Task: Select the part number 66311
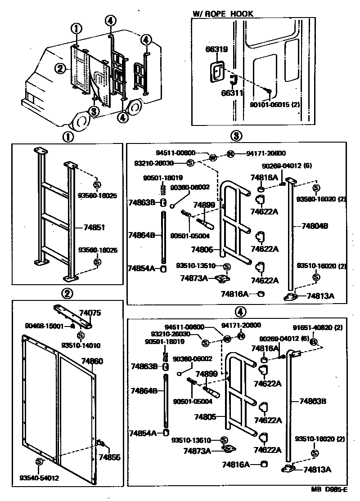point(232,94)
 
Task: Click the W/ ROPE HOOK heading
point(223,14)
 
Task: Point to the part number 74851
point(94,228)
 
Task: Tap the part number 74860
point(92,361)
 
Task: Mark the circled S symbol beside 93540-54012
point(39,462)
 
